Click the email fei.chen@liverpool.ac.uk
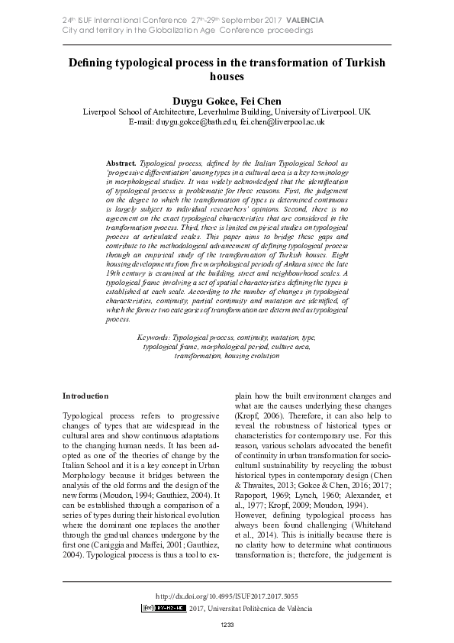coord(282,121)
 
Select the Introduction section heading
coord(86,396)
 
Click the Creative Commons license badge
coord(163,608)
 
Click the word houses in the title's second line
coord(226,77)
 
